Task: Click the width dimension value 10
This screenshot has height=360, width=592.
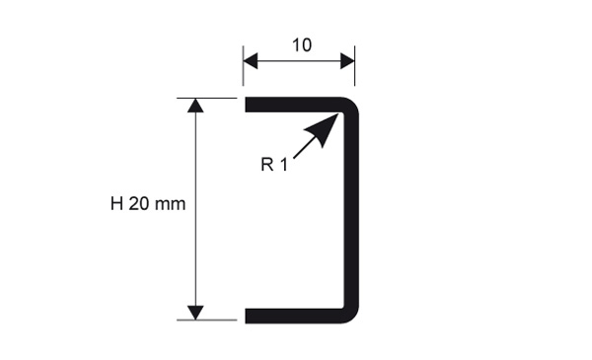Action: click(302, 45)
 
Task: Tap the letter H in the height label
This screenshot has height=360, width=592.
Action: click(116, 204)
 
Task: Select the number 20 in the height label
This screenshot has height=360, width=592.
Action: click(139, 204)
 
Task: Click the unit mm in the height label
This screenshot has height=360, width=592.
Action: click(171, 206)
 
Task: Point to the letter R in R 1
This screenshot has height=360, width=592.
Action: click(267, 165)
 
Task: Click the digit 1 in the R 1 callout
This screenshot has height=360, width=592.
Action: click(284, 165)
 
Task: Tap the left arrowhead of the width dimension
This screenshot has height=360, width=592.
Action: click(251, 61)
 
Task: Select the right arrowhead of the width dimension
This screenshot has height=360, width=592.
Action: click(347, 61)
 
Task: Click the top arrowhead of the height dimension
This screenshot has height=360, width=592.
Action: click(195, 106)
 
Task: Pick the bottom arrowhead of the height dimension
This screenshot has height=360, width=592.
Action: click(195, 313)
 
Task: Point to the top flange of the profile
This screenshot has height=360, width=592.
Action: click(293, 105)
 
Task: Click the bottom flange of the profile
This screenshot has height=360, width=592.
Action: click(293, 316)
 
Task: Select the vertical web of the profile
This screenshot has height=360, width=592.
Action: click(351, 210)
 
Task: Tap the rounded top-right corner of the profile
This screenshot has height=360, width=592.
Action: click(353, 103)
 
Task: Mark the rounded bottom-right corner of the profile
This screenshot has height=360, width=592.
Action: click(353, 318)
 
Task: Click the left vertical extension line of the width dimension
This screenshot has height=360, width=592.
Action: click(243, 66)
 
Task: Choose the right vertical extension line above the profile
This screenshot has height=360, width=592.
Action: click(355, 66)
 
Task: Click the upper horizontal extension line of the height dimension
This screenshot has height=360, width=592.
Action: click(207, 98)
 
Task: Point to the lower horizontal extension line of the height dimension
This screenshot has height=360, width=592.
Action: click(207, 320)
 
